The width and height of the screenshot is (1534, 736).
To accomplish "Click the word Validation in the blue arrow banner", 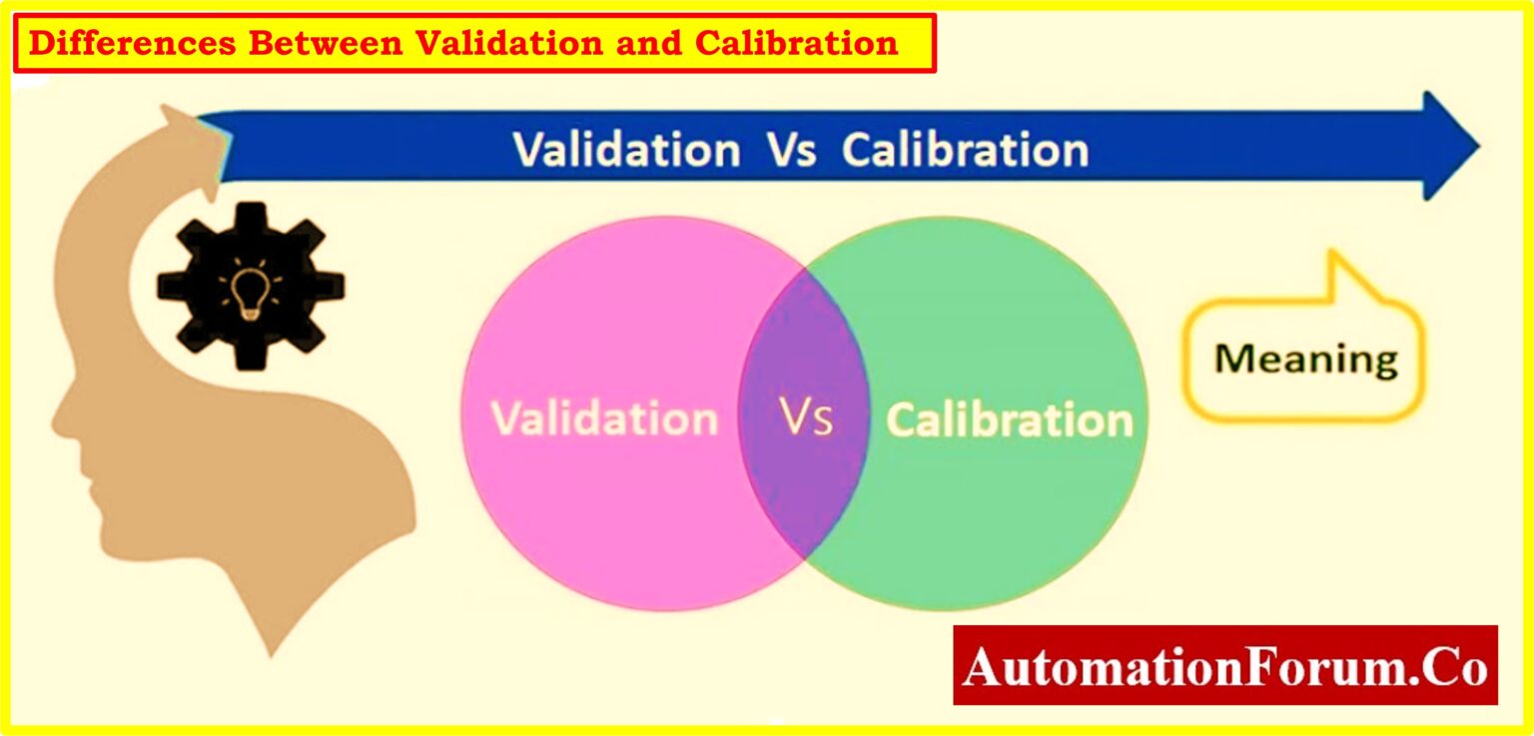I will tap(627, 150).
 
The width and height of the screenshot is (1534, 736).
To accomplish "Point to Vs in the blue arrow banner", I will tap(791, 150).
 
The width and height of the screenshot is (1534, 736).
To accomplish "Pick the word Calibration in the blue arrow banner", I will tap(965, 150).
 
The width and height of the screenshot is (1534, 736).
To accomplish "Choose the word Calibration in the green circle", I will tap(1010, 420).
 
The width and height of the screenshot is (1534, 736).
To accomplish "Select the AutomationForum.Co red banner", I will tap(1225, 666).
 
